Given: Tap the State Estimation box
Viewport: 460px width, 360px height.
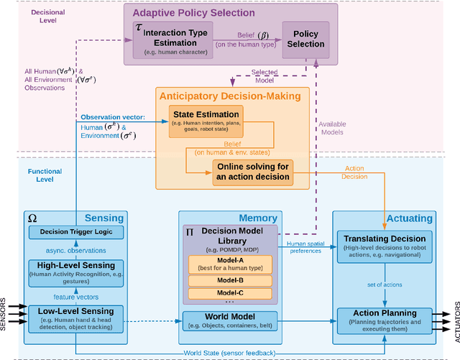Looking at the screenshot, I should (205, 122).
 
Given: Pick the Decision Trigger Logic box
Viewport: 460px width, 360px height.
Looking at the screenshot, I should (75, 231).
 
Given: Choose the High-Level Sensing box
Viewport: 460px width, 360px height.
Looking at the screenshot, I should (75, 269).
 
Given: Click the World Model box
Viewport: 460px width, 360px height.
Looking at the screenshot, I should (230, 320).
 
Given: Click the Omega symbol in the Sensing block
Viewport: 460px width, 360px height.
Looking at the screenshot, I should (32, 217).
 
